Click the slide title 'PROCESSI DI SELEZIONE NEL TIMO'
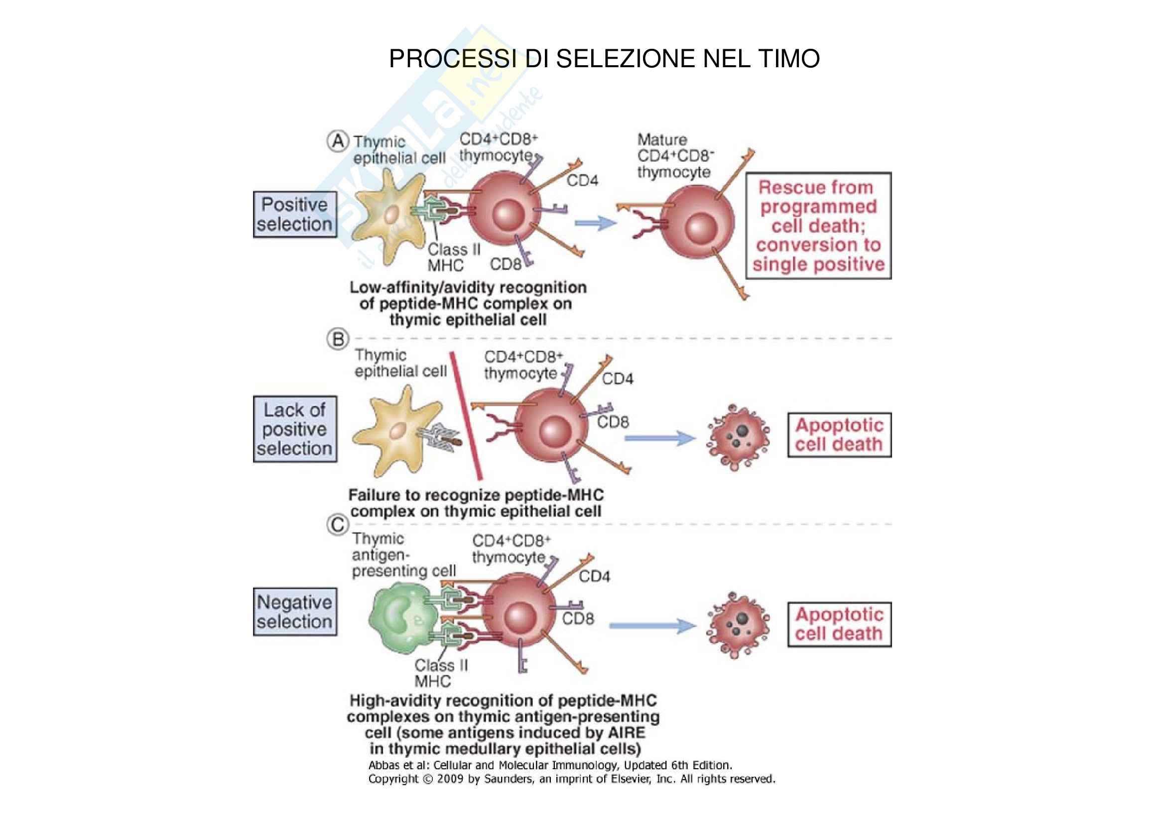coord(604,59)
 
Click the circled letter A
coord(337,141)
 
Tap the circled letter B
coord(338,339)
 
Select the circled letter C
coord(338,525)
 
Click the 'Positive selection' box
coord(295,215)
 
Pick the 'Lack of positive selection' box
coord(295,429)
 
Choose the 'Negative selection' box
coord(295,611)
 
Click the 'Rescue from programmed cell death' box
coord(818,226)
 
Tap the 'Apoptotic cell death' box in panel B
coord(839,435)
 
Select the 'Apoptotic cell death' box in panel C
coord(839,624)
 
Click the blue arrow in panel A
coord(595,223)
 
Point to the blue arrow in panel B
coord(659,438)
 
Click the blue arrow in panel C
coord(652,626)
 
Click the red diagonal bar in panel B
coord(465,416)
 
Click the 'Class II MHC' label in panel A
coord(453,257)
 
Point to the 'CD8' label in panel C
coord(577,619)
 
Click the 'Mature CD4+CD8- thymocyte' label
coord(674,156)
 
